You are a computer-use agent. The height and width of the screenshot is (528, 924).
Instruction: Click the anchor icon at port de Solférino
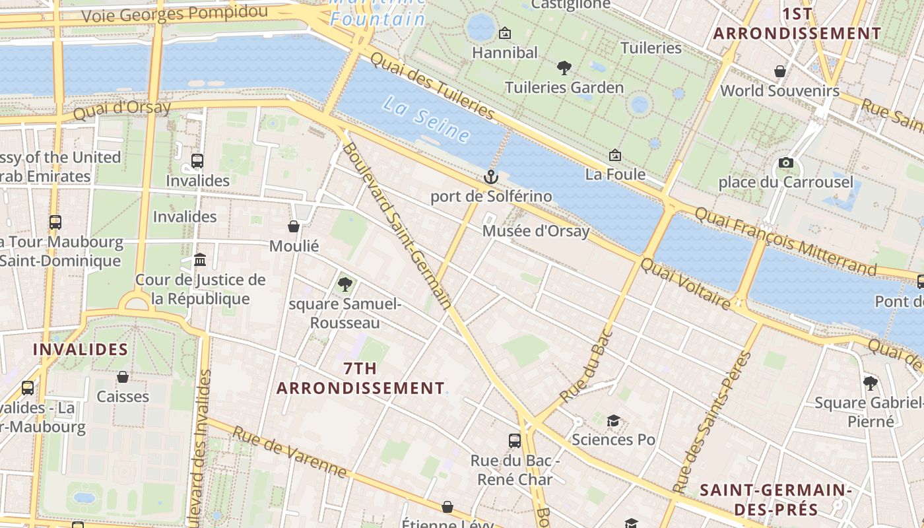point(490,176)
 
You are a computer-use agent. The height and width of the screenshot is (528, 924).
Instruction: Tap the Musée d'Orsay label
point(535,231)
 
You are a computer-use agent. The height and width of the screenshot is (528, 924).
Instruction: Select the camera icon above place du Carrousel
point(785,162)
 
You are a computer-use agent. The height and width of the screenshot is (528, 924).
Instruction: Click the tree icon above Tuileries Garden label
point(564,67)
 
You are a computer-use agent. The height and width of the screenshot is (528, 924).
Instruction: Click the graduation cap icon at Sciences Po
point(613,420)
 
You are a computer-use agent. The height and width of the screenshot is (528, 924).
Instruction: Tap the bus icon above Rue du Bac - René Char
point(515,440)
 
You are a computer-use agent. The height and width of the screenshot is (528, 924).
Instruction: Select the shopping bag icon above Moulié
point(294,226)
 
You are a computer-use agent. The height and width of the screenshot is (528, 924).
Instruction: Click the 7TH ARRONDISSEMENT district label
point(360,378)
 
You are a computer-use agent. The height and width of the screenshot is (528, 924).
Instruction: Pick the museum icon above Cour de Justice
point(200,260)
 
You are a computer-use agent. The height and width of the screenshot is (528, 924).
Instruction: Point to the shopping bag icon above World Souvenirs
point(780,71)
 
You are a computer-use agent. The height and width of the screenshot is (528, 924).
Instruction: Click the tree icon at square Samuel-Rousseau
point(345,284)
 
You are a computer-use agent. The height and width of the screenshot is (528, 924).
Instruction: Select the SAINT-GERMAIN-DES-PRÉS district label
point(775,500)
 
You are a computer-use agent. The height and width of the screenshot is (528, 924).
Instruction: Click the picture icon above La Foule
point(615,155)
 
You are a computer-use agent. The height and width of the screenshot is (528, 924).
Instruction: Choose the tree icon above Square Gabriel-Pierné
point(871,383)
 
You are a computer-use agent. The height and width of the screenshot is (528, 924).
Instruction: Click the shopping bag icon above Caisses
point(123,377)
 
